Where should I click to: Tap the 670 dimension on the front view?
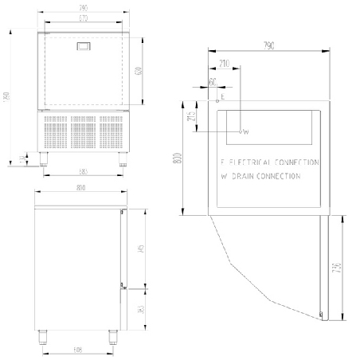click(83, 17)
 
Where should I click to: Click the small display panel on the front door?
click(83, 49)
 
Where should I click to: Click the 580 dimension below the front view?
click(83, 171)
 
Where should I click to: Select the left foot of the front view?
click(41, 158)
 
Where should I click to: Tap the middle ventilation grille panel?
click(83, 131)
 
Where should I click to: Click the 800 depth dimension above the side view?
click(80, 189)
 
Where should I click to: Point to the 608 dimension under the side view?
click(78, 349)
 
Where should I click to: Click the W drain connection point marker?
click(241, 131)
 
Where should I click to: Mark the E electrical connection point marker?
click(217, 101)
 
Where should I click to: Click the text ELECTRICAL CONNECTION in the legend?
click(274, 161)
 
